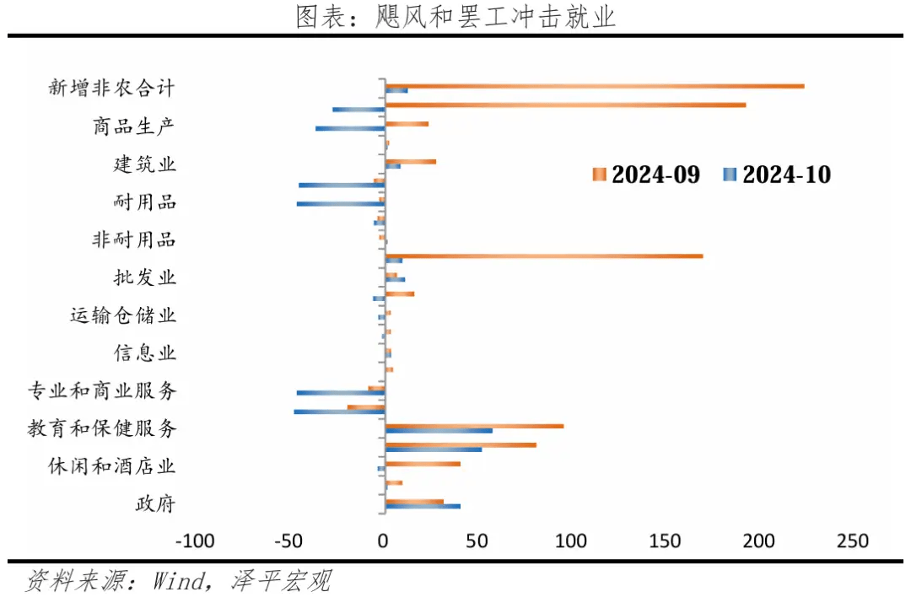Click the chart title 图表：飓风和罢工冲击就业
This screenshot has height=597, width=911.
455,17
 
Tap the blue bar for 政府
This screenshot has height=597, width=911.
423,506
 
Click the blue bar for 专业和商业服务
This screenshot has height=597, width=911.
341,392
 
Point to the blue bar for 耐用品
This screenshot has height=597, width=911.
341,203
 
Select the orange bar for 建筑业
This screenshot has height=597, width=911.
411,161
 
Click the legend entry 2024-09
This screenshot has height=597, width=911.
646,175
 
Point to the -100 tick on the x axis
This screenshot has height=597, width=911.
195,541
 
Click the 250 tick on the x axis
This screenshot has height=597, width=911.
851,541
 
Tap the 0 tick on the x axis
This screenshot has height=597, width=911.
385,541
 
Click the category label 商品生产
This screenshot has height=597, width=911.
134,126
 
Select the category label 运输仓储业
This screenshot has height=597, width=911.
123,316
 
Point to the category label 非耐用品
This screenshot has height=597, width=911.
134,239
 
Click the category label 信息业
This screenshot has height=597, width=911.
145,352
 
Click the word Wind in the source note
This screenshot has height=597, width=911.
177,580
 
